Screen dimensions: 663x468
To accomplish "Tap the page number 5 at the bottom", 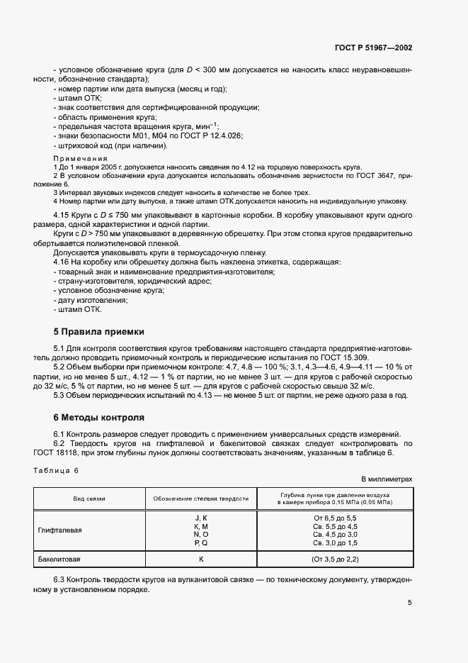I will pyautogui.click(x=409, y=603).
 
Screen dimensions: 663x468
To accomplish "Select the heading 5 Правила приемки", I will pyautogui.click(x=99, y=331).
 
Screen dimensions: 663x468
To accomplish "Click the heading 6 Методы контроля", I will pyautogui.click(x=99, y=418).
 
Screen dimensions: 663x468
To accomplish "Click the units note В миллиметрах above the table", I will pyautogui.click(x=387, y=479).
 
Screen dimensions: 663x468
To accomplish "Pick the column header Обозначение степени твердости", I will pyautogui.click(x=200, y=498).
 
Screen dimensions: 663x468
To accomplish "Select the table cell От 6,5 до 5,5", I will pyautogui.click(x=335, y=518).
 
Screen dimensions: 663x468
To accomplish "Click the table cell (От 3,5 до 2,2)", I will pyautogui.click(x=335, y=559).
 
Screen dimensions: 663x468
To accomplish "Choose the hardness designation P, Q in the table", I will pyautogui.click(x=200, y=542).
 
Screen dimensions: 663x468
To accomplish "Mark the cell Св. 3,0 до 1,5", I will pyautogui.click(x=335, y=542).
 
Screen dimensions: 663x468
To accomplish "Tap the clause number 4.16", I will pyautogui.click(x=62, y=262).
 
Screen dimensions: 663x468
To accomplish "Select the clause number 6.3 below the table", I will pyautogui.click(x=60, y=579).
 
